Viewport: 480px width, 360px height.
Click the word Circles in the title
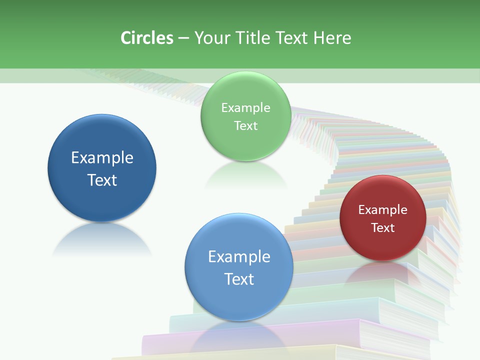(147, 38)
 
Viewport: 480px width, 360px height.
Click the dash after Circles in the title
(183, 38)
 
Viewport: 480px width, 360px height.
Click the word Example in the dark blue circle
(102, 158)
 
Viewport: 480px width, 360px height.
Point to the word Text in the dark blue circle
(102, 180)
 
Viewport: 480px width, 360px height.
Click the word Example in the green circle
(245, 108)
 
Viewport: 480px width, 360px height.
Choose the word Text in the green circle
(245, 125)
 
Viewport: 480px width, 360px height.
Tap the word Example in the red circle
(382, 210)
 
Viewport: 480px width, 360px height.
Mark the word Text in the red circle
(382, 227)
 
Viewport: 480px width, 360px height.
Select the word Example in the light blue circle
(239, 257)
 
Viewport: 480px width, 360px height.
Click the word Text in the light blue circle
(239, 279)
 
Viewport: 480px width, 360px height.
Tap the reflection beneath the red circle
(382, 272)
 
